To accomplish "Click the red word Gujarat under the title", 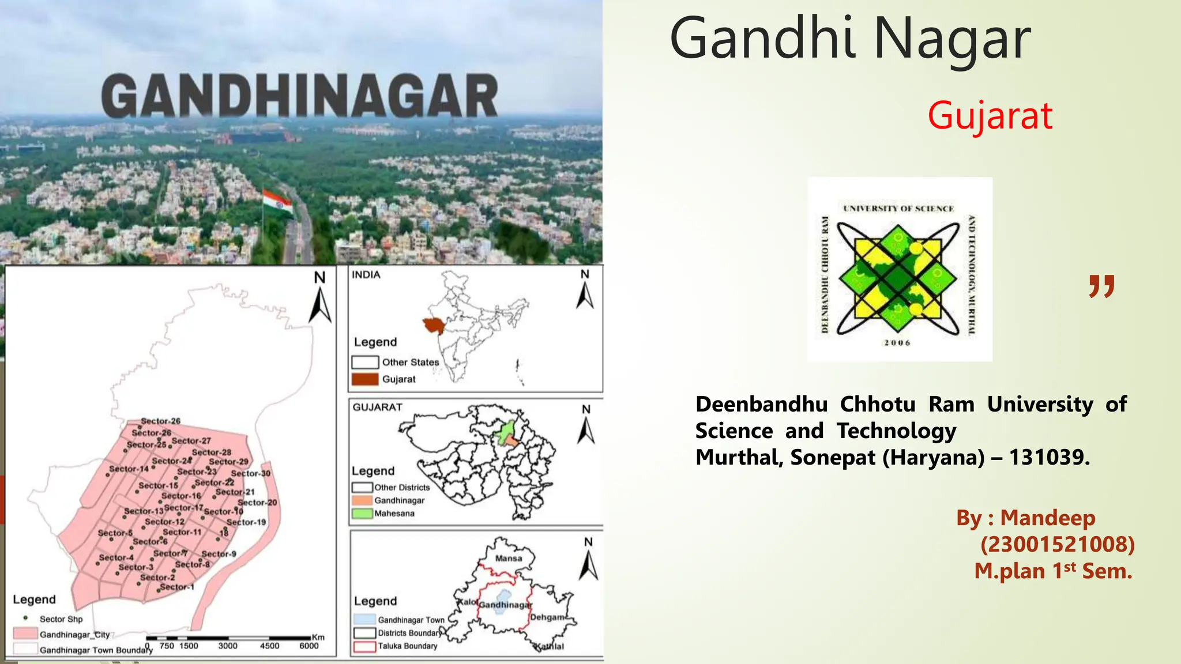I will click(x=990, y=116).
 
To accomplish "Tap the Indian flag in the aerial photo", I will click(x=277, y=202).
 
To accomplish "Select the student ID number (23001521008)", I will click(x=1057, y=545).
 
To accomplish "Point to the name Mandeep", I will click(x=1047, y=518).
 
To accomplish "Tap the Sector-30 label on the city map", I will click(x=251, y=474).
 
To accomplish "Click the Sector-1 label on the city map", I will click(x=177, y=587).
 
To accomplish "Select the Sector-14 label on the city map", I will click(x=129, y=469).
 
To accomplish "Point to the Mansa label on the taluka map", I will click(x=509, y=559).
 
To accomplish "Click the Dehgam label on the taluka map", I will click(x=547, y=617).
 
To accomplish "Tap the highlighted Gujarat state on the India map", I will click(x=434, y=326).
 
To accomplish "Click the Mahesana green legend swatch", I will click(x=362, y=514).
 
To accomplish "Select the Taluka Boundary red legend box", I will click(x=364, y=647).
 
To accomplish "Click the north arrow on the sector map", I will click(x=320, y=299).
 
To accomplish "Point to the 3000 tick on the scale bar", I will click(x=228, y=646).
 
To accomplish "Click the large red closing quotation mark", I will click(x=1101, y=286).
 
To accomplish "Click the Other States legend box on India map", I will click(x=364, y=363).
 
